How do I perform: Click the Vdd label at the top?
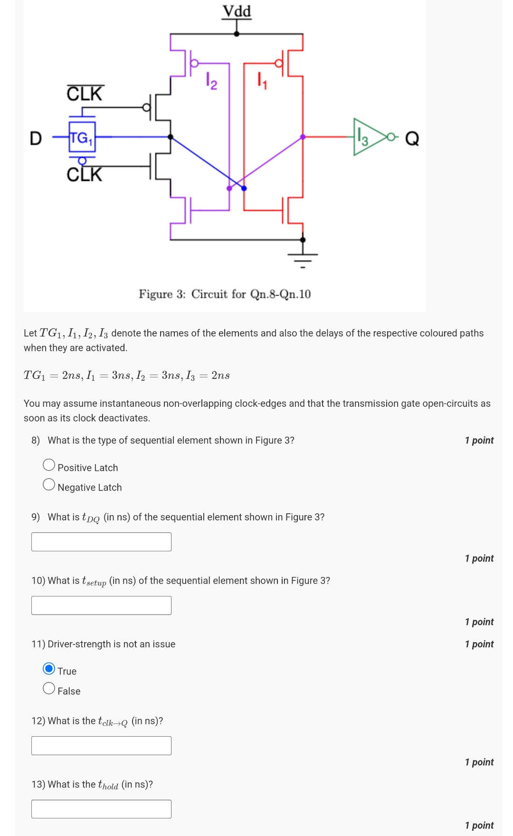pyautogui.click(x=237, y=11)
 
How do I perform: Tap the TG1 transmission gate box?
pyautogui.click(x=82, y=138)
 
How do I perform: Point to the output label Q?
pyautogui.click(x=412, y=139)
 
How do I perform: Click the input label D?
pyautogui.click(x=36, y=138)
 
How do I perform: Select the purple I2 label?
pyautogui.click(x=211, y=81)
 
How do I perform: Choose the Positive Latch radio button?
pyautogui.click(x=49, y=465)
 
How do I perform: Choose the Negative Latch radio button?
pyautogui.click(x=49, y=485)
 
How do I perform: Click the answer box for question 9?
pyautogui.click(x=101, y=542)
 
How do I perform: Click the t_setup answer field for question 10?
pyautogui.click(x=101, y=605)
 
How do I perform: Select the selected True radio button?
pyautogui.click(x=49, y=669)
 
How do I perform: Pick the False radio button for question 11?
pyautogui.click(x=49, y=689)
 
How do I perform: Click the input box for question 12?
pyautogui.click(x=101, y=746)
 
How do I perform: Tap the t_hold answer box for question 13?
pyautogui.click(x=101, y=809)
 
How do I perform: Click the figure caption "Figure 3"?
pyautogui.click(x=225, y=294)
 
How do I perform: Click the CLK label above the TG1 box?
pyautogui.click(x=85, y=94)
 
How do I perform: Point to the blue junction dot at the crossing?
pyautogui.click(x=244, y=188)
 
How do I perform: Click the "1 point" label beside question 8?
pyautogui.click(x=479, y=441)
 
